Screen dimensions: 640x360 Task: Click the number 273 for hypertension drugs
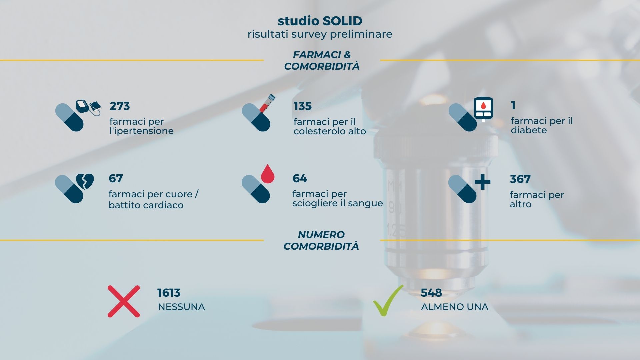(120, 106)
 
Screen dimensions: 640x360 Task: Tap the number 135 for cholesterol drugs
(303, 106)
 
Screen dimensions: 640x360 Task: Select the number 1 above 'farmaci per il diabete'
(513, 105)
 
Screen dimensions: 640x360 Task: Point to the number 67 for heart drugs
(116, 178)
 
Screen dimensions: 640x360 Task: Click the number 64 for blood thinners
(300, 178)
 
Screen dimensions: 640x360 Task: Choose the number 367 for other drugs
(520, 179)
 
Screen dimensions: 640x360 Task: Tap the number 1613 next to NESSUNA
(169, 293)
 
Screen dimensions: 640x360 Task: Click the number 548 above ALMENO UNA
(431, 293)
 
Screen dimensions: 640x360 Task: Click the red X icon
(124, 301)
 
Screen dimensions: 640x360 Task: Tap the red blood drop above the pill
(267, 173)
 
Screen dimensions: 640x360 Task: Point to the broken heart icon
(85, 181)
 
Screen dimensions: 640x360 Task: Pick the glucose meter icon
(483, 108)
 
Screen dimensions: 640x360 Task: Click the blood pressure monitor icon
(88, 107)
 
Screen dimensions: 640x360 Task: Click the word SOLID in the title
(342, 21)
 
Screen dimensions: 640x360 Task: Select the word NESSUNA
(181, 307)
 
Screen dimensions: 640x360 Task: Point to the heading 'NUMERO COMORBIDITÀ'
(321, 240)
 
